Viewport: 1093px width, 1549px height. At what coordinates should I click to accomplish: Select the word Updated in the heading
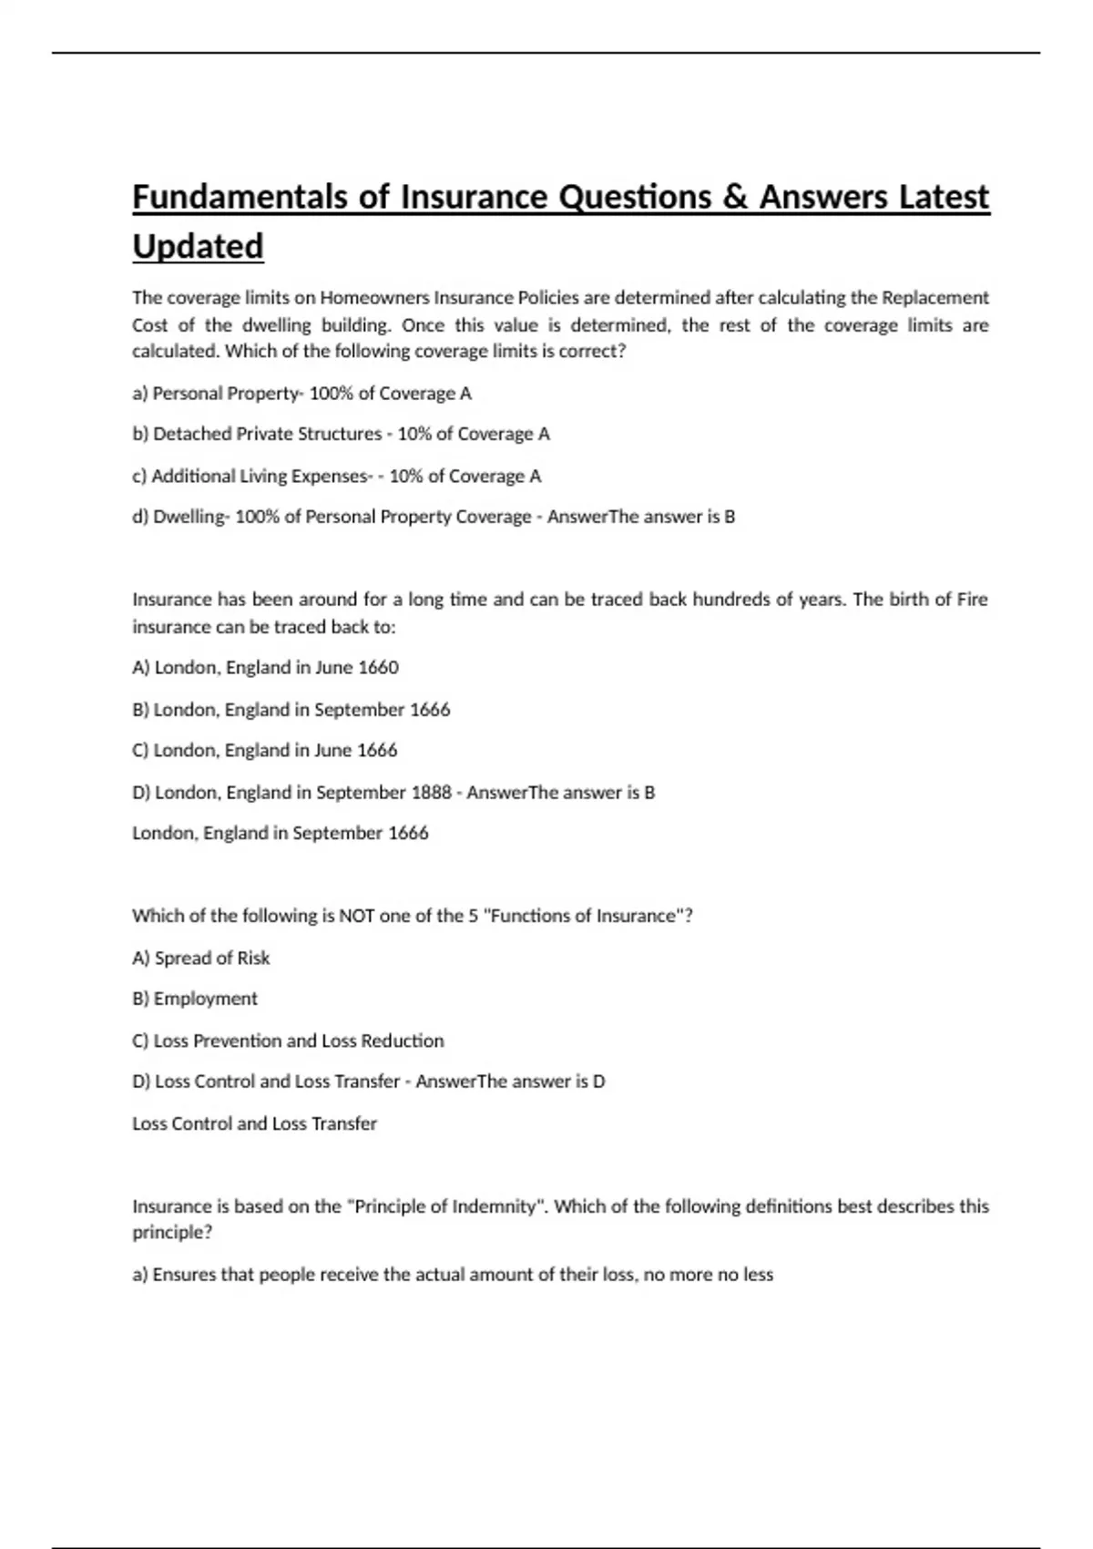(198, 246)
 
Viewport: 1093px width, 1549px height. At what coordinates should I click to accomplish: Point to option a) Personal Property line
(301, 394)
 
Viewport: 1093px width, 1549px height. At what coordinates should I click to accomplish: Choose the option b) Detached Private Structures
(341, 434)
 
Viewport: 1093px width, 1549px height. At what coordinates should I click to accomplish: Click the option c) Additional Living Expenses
(336, 476)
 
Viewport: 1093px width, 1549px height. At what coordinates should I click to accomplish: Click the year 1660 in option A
(378, 668)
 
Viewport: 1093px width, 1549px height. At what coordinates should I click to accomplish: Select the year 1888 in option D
(431, 793)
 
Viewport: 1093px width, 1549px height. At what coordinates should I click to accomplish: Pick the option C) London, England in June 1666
(264, 751)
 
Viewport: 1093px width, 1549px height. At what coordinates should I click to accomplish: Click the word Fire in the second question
(972, 600)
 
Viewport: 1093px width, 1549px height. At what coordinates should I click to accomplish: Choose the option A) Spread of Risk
(200, 958)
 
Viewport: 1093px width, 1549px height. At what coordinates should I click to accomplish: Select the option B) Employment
(195, 999)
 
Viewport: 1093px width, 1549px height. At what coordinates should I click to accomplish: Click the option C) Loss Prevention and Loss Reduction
(288, 1041)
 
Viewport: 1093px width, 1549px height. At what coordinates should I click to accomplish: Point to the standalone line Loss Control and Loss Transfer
(254, 1123)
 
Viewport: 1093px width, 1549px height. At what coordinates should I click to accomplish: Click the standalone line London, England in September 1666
(280, 833)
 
